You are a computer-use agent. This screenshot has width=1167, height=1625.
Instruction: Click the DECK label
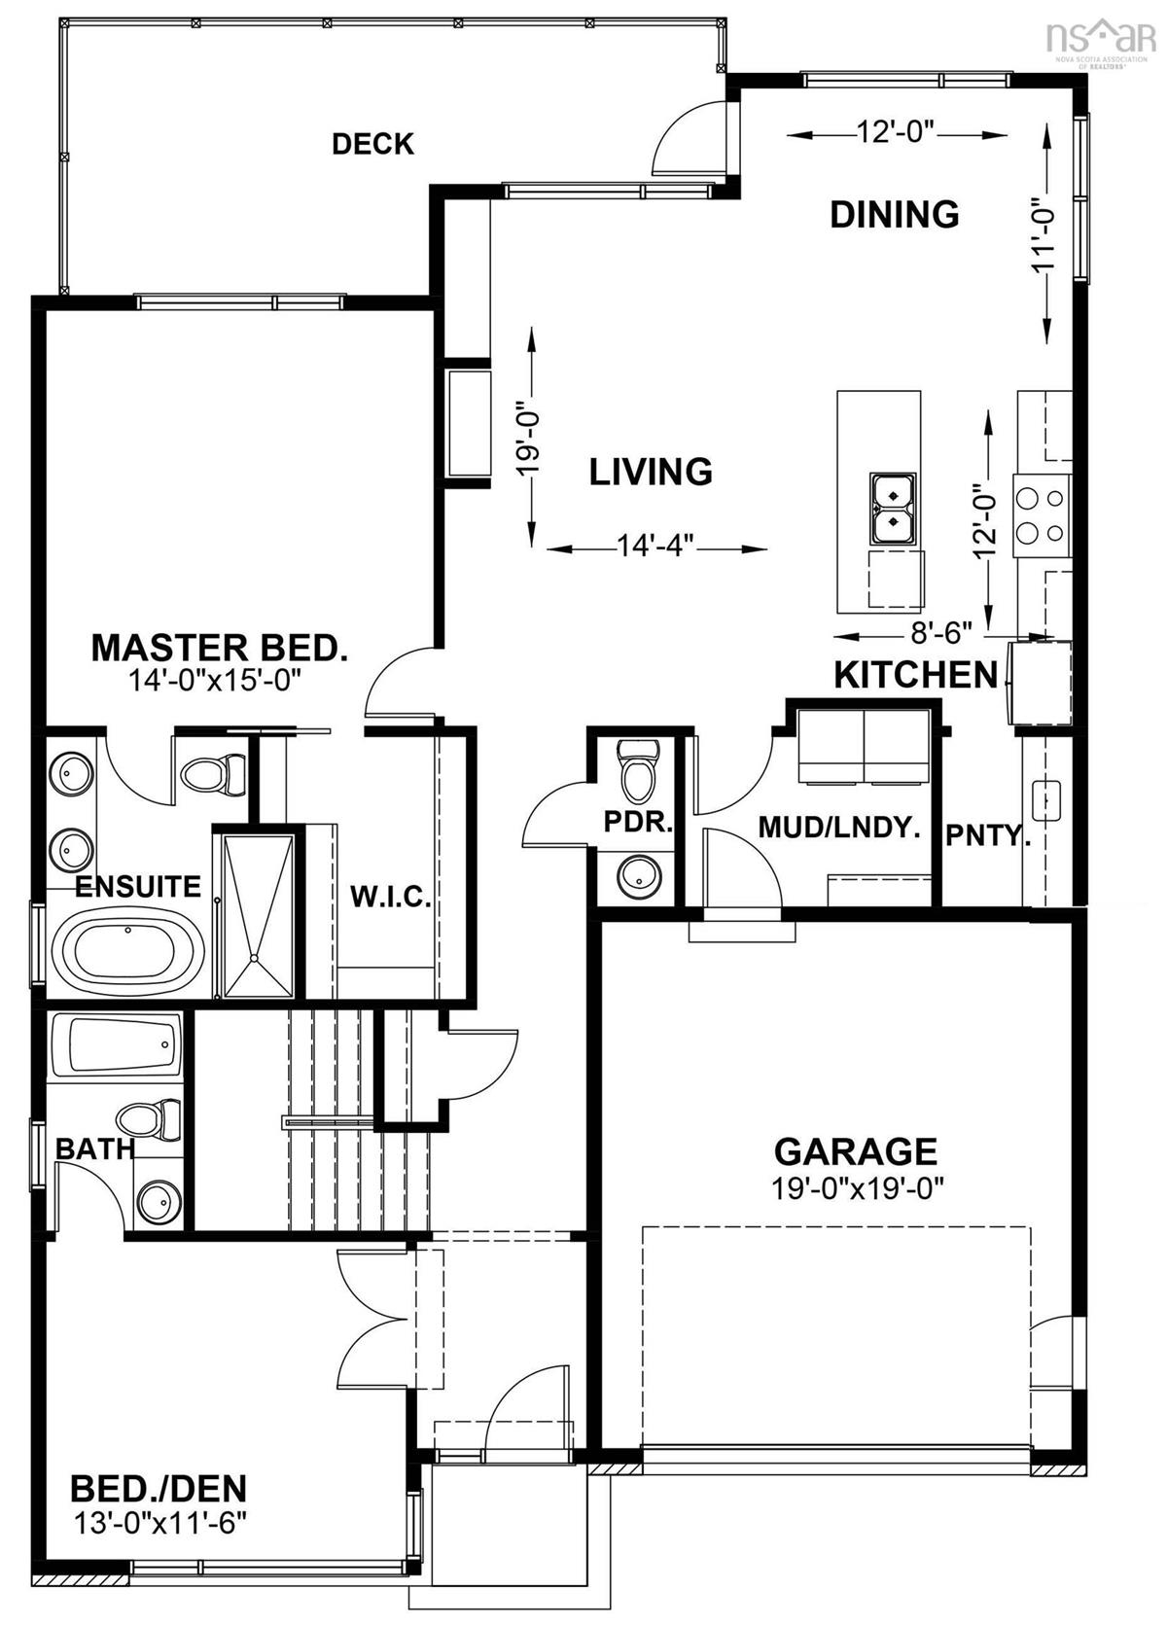pyautogui.click(x=372, y=144)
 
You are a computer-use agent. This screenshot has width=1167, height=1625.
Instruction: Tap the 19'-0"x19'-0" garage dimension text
pyautogui.click(x=855, y=1187)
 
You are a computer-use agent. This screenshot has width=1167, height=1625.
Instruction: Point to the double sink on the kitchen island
pyautogui.click(x=893, y=507)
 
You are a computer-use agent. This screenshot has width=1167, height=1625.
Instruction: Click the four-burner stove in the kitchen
pyautogui.click(x=1040, y=515)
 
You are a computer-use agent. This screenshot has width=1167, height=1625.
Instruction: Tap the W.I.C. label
pyautogui.click(x=390, y=897)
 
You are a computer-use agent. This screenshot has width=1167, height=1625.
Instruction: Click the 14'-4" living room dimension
pyautogui.click(x=657, y=548)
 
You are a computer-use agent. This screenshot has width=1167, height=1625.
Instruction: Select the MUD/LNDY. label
pyautogui.click(x=838, y=828)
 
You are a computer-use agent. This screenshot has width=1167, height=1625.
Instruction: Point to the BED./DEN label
pyautogui.click(x=159, y=1489)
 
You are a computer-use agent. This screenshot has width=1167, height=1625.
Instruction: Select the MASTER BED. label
pyautogui.click(x=219, y=648)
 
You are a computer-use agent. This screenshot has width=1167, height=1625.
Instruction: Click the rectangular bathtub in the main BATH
pyautogui.click(x=115, y=1045)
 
